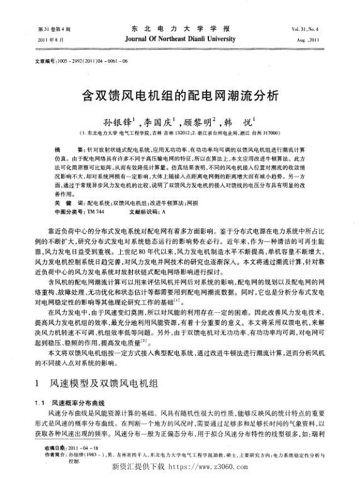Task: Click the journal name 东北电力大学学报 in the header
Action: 179,29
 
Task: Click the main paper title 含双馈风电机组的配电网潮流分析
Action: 180,98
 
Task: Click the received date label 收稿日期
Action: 45,447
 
